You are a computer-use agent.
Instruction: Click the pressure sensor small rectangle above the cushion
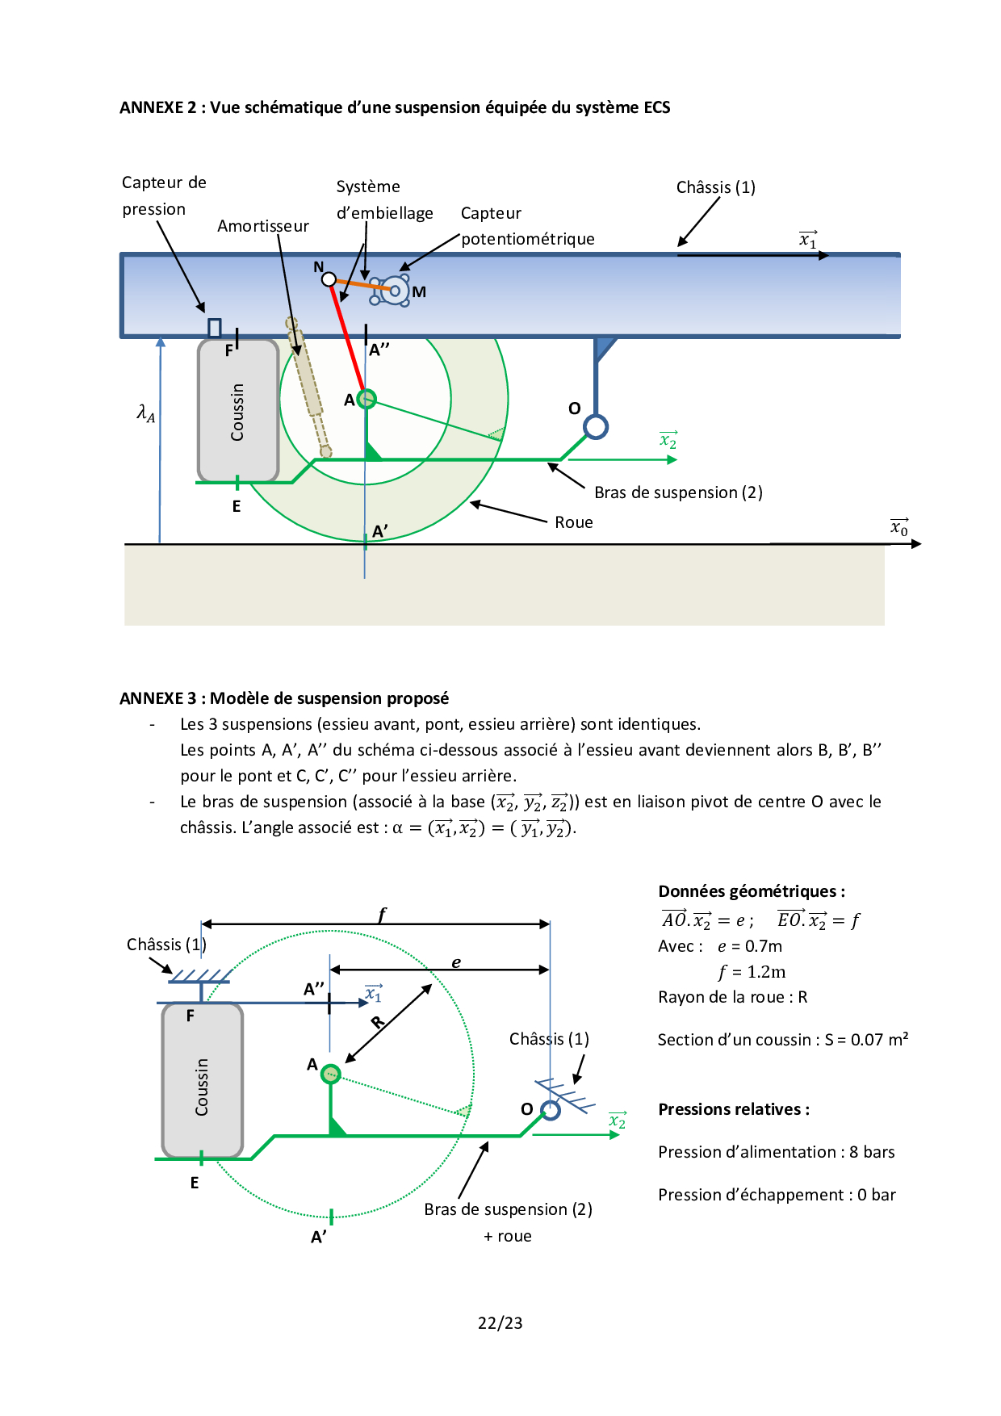coord(215,327)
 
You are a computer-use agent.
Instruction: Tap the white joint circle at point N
coord(329,279)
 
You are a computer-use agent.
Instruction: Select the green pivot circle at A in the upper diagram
coord(366,399)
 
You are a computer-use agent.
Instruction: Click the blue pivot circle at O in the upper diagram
coord(596,426)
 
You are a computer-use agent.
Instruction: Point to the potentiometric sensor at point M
coord(395,291)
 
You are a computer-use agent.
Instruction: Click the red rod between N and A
coord(347,339)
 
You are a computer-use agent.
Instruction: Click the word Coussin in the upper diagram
coord(237,412)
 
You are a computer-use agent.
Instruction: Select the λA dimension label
coord(145,413)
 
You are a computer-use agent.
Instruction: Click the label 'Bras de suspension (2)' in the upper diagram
coord(678,492)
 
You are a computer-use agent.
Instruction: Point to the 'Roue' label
coord(574,522)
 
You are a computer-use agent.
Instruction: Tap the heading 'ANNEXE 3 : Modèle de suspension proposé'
coord(284,698)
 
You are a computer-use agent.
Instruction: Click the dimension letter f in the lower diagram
coord(383,914)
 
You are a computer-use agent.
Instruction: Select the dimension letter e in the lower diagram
coord(456,962)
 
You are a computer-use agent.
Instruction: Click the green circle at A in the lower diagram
coord(330,1074)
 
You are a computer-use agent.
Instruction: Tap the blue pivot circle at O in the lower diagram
coord(551,1110)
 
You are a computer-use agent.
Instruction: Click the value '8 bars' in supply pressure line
coord(872,1152)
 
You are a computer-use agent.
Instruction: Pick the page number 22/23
coord(500,1323)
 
